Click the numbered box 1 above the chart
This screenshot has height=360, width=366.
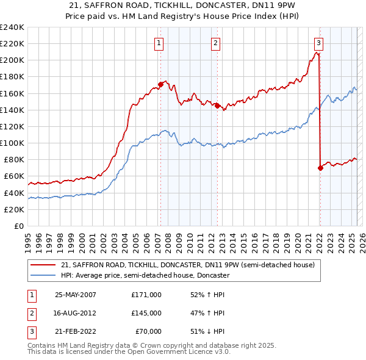(x=159, y=43)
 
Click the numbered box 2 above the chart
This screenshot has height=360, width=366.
(x=216, y=43)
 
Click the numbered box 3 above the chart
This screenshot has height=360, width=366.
(x=318, y=43)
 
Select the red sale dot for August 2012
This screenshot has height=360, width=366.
(x=217, y=106)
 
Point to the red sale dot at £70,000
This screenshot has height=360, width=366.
(x=320, y=168)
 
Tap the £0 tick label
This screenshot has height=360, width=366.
(x=18, y=226)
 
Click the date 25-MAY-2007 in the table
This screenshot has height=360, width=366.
(x=76, y=295)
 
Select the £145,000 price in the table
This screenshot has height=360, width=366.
(x=146, y=313)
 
